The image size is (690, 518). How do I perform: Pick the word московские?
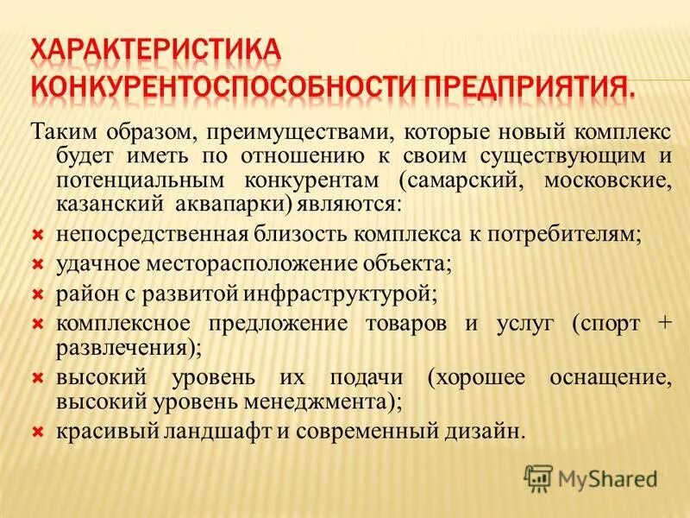(x=594, y=181)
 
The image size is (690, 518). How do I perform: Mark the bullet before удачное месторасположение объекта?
(x=37, y=262)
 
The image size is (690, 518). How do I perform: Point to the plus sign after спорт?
(x=663, y=323)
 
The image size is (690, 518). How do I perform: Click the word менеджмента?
(x=325, y=401)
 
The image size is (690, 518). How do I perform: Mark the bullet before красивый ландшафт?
(x=37, y=430)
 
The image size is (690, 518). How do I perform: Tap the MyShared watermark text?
(x=606, y=477)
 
